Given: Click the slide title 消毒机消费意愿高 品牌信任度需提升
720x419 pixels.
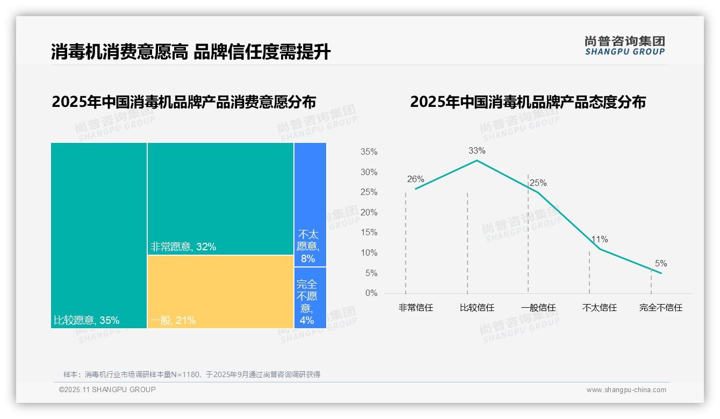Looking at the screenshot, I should (191, 52).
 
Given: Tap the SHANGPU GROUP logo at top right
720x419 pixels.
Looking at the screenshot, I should (624, 46).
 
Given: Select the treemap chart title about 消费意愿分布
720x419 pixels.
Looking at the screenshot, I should (184, 102).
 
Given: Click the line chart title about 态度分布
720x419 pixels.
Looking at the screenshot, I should (528, 102).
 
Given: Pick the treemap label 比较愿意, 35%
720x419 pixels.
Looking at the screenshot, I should (87, 321).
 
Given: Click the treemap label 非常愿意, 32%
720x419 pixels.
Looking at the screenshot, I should (183, 247).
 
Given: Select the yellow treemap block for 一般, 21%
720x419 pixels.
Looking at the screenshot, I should (220, 292).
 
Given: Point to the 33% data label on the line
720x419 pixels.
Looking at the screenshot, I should (477, 151).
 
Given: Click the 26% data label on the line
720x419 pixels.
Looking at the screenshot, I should (415, 179).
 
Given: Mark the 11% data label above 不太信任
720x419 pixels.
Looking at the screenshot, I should (600, 240).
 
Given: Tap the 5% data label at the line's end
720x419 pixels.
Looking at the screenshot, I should (660, 264).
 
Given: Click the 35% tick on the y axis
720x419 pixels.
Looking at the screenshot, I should (369, 152).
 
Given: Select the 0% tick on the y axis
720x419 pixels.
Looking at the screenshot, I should (371, 293).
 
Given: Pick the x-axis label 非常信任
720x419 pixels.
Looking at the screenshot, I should (415, 308).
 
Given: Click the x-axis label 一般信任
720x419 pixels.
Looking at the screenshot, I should (538, 308).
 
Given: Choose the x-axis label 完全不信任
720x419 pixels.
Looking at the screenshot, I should (660, 308).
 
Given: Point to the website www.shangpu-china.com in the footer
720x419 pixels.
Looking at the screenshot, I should (626, 390).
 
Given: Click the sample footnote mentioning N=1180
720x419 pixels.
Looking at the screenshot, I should (192, 374).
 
